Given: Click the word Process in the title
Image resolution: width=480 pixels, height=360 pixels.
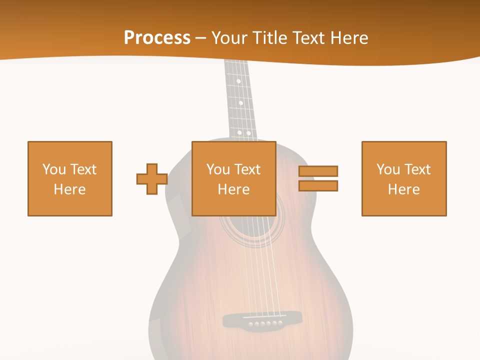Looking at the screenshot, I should (x=157, y=38).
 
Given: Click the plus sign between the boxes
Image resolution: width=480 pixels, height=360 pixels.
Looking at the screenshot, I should (x=152, y=179).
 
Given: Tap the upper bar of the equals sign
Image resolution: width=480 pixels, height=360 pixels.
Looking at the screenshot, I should (x=318, y=171).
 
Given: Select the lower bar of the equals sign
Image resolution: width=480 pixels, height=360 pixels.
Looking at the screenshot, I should (x=318, y=186).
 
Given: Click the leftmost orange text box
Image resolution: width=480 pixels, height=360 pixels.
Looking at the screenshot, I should (x=70, y=178).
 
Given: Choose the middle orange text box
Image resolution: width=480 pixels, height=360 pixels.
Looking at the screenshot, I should (x=234, y=178).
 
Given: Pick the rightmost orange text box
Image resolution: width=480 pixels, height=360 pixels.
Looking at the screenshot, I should (x=404, y=178).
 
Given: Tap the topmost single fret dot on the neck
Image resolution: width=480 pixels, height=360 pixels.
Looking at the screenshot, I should (x=238, y=81).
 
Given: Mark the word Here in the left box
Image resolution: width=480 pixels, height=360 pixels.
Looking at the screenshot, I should (x=70, y=189).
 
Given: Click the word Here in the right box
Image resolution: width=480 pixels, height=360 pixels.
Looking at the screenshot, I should (x=404, y=189).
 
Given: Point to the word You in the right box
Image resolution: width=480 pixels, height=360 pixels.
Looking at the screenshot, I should (x=388, y=169).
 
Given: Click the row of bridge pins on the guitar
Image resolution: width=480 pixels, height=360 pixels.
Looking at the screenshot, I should (x=265, y=324).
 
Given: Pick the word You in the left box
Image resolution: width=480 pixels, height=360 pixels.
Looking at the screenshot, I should (x=54, y=169).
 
